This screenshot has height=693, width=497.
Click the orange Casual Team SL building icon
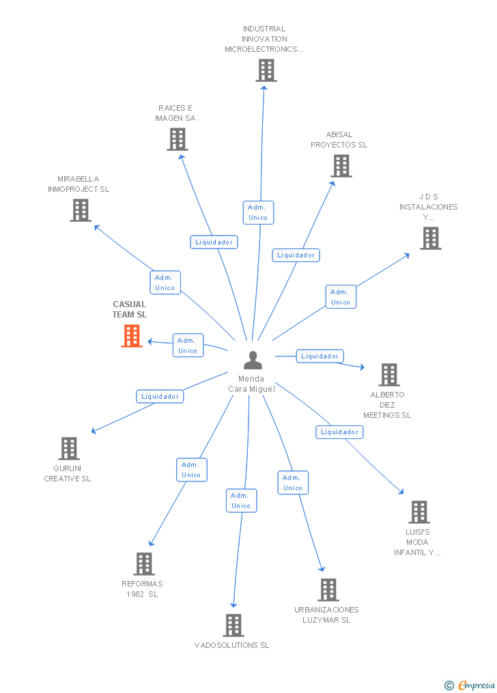click(x=132, y=336)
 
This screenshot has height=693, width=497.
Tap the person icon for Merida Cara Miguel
click(x=253, y=360)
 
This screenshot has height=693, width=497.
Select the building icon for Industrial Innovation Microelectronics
click(x=266, y=70)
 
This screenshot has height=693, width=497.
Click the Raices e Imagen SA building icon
click(x=177, y=139)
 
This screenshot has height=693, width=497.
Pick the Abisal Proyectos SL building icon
click(x=341, y=166)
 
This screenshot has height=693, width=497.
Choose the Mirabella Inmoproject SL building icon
click(x=81, y=210)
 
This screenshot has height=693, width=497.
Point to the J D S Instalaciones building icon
click(x=430, y=238)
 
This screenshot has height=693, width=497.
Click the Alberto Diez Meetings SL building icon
click(x=389, y=375)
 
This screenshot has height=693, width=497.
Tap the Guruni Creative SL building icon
click(x=69, y=449)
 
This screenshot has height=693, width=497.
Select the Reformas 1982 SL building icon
click(x=143, y=564)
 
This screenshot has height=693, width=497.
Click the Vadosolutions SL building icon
click(x=233, y=625)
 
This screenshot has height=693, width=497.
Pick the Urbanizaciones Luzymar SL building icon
click(x=328, y=590)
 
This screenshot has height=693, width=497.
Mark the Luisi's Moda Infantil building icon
click(x=418, y=512)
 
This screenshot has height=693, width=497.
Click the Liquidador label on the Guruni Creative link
click(x=160, y=396)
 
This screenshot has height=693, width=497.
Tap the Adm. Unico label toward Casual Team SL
click(x=188, y=345)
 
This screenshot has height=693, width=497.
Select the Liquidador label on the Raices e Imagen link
click(x=214, y=242)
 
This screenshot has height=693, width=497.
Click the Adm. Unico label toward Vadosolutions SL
click(x=241, y=500)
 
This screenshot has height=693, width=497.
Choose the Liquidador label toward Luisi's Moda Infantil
click(x=339, y=432)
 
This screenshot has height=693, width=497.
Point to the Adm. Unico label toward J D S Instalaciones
click(x=341, y=297)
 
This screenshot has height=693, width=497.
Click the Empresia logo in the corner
click(x=470, y=685)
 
